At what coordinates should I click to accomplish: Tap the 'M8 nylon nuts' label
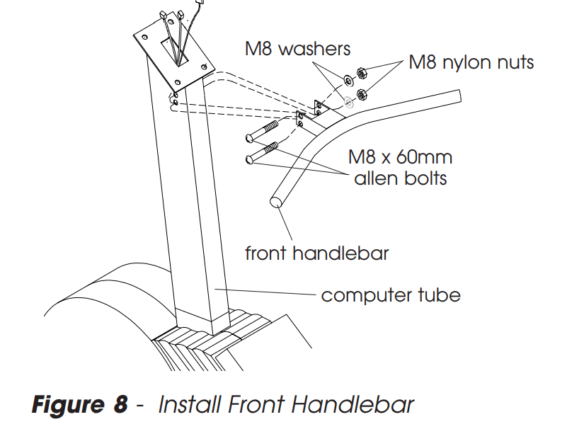coord(471,62)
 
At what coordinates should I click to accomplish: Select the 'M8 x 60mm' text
coord(399,155)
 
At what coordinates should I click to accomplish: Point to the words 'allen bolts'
coord(400,177)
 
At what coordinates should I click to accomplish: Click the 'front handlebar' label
coord(316,253)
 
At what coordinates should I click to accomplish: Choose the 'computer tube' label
coord(391,294)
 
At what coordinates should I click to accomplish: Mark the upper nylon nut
coord(360,72)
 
